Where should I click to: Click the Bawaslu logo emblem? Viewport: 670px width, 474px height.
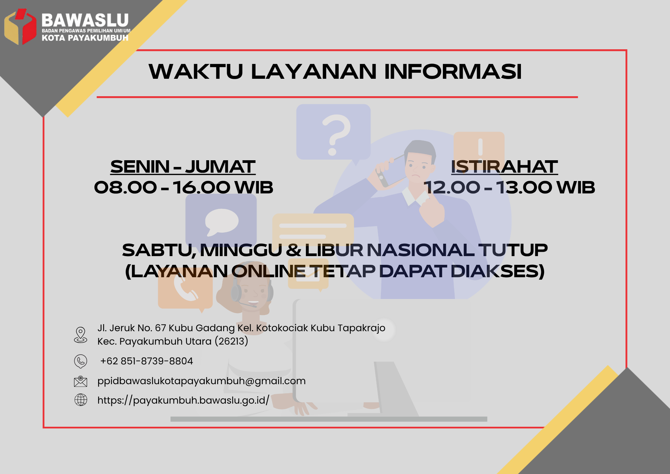pos(20,27)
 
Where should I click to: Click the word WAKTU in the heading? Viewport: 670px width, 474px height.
pos(196,71)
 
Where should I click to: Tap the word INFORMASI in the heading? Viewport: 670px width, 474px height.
pos(453,71)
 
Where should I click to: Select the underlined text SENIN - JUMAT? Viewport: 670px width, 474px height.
pos(183,167)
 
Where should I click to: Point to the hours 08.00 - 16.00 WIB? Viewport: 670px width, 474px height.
pos(184,187)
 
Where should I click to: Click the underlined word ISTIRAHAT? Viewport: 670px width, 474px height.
pos(504,167)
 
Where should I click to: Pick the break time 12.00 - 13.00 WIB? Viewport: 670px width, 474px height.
pos(509,187)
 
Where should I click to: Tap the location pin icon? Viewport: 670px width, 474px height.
pos(80,335)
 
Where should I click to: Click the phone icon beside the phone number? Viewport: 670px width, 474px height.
pos(80,361)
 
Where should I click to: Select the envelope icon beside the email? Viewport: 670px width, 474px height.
pos(80,381)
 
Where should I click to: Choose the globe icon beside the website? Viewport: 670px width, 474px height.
pos(80,400)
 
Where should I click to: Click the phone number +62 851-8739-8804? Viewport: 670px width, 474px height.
pos(147,361)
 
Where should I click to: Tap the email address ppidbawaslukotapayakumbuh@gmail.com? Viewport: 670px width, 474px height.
pos(201,381)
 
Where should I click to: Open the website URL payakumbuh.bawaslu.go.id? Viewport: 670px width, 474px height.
pos(183,400)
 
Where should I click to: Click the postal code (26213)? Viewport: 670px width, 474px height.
pos(231,341)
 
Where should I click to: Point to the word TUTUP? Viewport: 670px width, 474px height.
pos(513,250)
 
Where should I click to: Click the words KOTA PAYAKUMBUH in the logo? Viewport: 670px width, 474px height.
pos(85,38)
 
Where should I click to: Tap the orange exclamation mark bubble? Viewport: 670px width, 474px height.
pos(479,146)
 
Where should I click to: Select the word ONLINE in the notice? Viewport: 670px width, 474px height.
pos(268,271)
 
